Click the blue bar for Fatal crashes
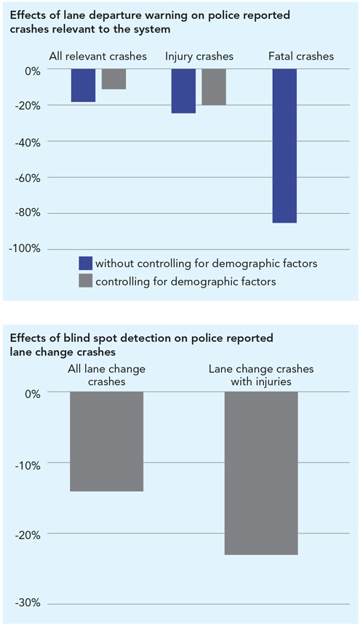tap(284, 146)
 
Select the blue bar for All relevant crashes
tap(84, 85)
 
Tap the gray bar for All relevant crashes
tap(113, 79)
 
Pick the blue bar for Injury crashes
tap(184, 91)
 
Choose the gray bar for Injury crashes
tap(214, 87)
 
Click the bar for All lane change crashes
tap(106, 442)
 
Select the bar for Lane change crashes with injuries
tap(261, 473)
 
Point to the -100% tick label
tap(25, 249)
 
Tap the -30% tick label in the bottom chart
tap(27, 603)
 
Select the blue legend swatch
tap(86, 263)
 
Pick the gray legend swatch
tap(86, 281)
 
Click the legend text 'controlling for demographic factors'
tap(185, 282)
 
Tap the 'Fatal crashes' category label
tap(301, 56)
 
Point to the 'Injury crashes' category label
tap(199, 57)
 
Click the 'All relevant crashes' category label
tap(97, 56)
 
